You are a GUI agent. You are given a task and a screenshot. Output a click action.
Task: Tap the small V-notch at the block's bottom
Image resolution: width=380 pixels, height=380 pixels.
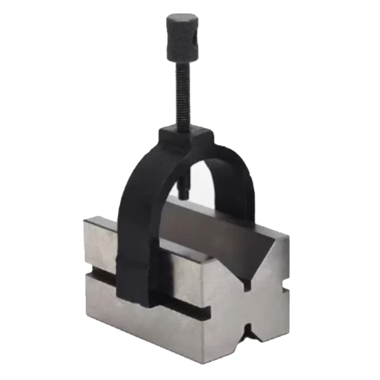[250, 336]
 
